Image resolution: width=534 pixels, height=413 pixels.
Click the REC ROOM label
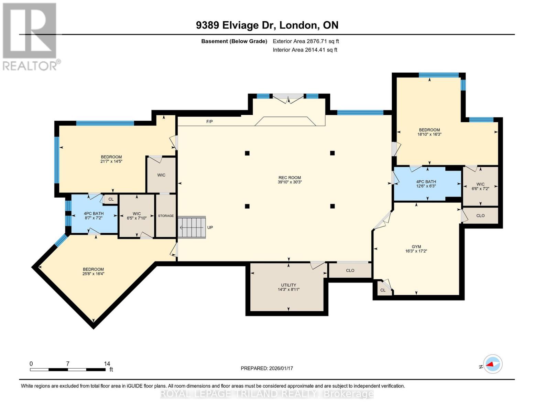(x=290, y=178)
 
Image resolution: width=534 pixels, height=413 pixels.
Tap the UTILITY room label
(x=288, y=285)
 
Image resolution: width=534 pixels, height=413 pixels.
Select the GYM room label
(x=416, y=247)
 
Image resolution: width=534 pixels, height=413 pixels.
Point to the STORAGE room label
(x=166, y=216)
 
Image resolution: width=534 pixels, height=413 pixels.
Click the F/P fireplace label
(x=209, y=121)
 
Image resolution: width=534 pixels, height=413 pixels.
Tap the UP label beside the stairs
(x=210, y=227)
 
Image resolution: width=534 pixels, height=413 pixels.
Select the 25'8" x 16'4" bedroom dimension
(x=93, y=274)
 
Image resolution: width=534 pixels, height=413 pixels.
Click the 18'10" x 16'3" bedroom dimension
(x=429, y=135)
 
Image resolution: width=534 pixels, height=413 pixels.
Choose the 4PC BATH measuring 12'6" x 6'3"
(x=426, y=184)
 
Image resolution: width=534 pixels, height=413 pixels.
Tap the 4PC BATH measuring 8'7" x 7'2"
(x=94, y=215)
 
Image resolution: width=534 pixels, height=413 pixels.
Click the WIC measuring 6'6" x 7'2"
(x=480, y=186)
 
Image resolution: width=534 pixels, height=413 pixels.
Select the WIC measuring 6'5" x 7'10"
(x=137, y=216)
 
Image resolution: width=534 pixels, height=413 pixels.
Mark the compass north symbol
(x=492, y=364)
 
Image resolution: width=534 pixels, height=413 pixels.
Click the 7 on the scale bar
(x=68, y=363)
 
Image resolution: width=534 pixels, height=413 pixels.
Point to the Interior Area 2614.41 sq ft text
(x=305, y=50)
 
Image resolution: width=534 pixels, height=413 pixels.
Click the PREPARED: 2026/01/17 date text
(x=267, y=368)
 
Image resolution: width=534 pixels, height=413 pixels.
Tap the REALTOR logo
(x=30, y=36)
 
